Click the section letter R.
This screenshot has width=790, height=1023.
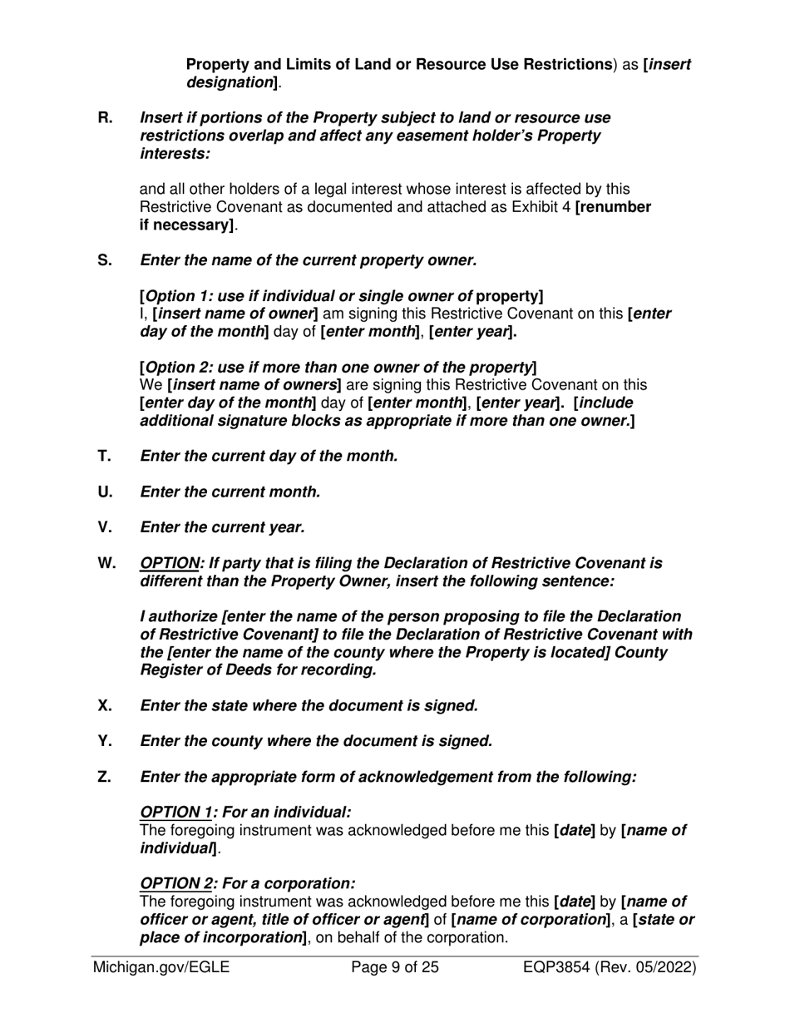pyautogui.click(x=105, y=117)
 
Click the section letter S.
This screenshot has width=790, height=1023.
pyautogui.click(x=105, y=260)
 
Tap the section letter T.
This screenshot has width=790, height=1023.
pyautogui.click(x=105, y=456)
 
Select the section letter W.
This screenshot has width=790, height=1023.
pyautogui.click(x=107, y=563)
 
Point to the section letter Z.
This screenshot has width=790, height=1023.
pyautogui.click(x=105, y=777)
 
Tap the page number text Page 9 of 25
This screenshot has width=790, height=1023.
pyautogui.click(x=395, y=967)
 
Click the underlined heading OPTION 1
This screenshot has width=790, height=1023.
pyautogui.click(x=175, y=812)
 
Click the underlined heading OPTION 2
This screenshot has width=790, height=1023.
pyautogui.click(x=175, y=883)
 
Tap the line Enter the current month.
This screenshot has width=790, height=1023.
pyautogui.click(x=230, y=492)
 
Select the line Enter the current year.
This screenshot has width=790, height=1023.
pyautogui.click(x=223, y=527)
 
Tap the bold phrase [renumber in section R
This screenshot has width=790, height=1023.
pyautogui.click(x=613, y=207)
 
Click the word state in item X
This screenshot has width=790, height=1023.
pyautogui.click(x=233, y=706)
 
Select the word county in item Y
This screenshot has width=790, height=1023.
pyautogui.click(x=239, y=741)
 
